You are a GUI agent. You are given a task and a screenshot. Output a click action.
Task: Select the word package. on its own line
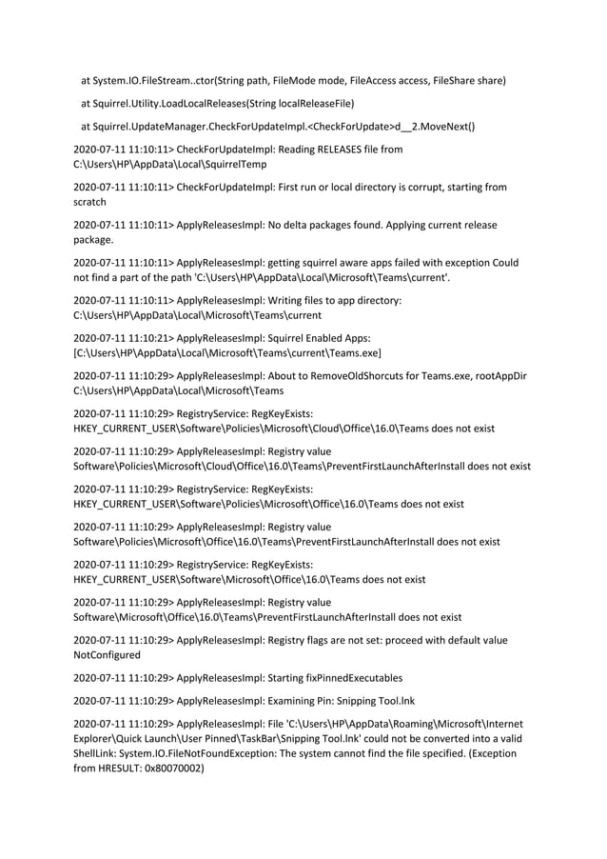93,239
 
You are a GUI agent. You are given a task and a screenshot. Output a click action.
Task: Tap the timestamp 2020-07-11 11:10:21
123,338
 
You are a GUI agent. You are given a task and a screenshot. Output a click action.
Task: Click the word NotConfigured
107,655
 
